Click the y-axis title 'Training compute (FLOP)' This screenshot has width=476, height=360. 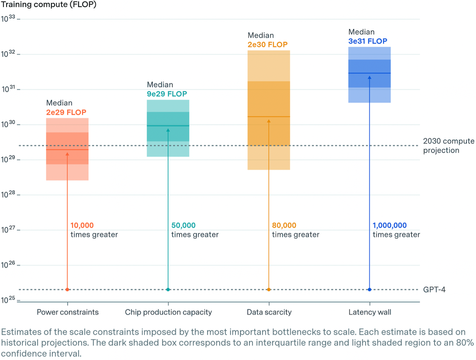[49, 5]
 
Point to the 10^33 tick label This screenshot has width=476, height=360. [8, 19]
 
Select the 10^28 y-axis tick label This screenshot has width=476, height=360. [8, 194]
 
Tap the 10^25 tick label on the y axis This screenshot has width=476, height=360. [8, 300]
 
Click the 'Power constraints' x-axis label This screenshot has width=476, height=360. [68, 312]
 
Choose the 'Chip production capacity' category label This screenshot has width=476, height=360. [168, 312]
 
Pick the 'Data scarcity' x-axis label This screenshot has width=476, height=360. [269, 312]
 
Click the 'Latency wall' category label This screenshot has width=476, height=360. [369, 312]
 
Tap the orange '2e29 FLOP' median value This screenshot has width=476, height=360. [66, 113]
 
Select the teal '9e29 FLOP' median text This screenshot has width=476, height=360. [167, 94]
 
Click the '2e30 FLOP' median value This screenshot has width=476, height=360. [267, 45]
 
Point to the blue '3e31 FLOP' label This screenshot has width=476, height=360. [368, 41]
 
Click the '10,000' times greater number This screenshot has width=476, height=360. [82, 225]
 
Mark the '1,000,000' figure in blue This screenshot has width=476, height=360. [389, 225]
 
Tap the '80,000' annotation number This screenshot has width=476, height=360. [284, 225]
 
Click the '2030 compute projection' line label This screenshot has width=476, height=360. [448, 146]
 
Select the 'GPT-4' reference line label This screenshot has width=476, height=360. [434, 289]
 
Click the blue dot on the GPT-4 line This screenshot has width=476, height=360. [369, 289]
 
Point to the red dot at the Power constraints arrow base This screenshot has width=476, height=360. [67, 289]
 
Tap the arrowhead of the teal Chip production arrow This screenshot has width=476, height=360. [168, 130]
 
